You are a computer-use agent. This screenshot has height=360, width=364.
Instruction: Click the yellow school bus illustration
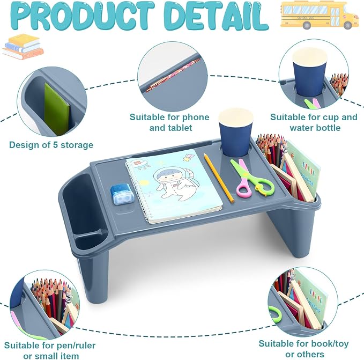point(320,15)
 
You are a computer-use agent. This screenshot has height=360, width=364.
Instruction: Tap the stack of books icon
point(23,47)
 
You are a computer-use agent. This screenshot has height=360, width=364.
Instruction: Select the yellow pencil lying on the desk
point(219,178)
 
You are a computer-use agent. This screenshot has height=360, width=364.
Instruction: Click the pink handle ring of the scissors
point(244,188)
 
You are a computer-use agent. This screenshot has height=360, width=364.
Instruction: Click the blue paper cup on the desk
point(236,133)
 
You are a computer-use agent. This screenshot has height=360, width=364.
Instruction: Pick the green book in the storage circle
point(57,109)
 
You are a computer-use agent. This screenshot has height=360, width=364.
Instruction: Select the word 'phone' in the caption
point(196,117)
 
